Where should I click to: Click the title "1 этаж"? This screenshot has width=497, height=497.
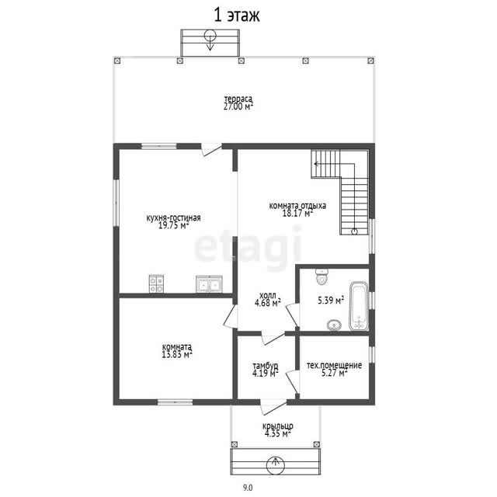(x=237, y=16)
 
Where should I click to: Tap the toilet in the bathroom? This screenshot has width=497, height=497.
(x=322, y=276)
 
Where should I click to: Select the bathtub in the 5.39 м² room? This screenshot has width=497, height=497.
(x=359, y=306)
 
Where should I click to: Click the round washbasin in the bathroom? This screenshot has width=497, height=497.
(x=334, y=325)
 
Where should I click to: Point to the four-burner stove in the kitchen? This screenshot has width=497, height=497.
(x=156, y=283)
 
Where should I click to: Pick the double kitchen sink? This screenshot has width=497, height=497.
(x=209, y=284)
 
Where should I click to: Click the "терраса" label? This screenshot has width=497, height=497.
(x=238, y=99)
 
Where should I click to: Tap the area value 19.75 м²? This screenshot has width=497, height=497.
(x=174, y=225)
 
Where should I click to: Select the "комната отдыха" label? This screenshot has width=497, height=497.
(x=297, y=205)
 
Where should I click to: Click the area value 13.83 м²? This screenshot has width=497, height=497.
(x=177, y=354)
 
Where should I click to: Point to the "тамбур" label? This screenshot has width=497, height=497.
(x=266, y=366)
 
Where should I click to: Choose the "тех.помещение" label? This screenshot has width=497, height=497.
(x=334, y=365)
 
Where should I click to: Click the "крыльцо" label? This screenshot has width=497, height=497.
(x=278, y=426)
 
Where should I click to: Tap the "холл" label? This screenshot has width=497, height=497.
(x=267, y=295)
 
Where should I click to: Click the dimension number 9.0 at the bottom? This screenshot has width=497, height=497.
(x=248, y=487)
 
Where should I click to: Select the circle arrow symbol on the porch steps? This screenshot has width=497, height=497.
(x=276, y=464)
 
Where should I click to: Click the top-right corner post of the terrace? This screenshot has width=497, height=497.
(x=370, y=61)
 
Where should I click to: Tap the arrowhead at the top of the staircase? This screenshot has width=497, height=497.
(x=316, y=164)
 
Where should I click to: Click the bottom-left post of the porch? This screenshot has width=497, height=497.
(x=235, y=444)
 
